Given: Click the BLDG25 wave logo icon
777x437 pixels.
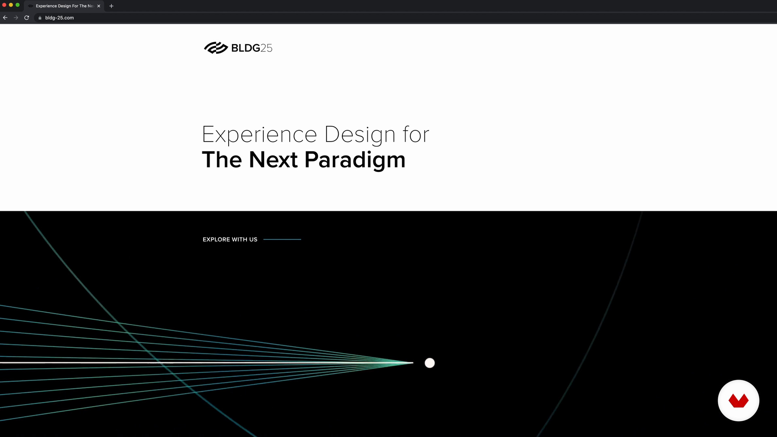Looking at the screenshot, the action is click(x=216, y=48).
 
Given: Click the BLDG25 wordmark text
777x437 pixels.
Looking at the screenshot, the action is click(x=252, y=48).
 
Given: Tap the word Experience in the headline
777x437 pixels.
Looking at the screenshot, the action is click(x=259, y=135).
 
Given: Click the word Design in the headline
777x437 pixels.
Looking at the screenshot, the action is click(x=360, y=135).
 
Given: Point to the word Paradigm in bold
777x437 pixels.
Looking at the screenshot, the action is click(x=355, y=160).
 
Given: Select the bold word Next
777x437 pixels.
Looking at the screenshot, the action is click(x=273, y=159).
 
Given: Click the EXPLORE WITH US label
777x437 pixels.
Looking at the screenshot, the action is click(x=230, y=240).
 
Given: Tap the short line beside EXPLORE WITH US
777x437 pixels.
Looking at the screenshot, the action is click(x=282, y=240).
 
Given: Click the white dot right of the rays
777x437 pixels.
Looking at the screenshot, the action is click(x=430, y=363).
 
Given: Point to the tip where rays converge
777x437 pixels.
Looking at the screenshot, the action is click(x=413, y=363).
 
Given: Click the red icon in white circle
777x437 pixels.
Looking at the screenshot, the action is click(x=739, y=401).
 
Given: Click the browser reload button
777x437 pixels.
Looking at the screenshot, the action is click(x=27, y=18).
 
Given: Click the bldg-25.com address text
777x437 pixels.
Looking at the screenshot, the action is click(x=59, y=18).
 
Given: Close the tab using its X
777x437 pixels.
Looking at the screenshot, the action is click(x=99, y=6).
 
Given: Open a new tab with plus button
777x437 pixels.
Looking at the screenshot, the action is click(x=111, y=6).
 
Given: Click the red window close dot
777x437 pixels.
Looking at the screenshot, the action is click(x=4, y=5).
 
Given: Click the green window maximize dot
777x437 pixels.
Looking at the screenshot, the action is click(x=17, y=5).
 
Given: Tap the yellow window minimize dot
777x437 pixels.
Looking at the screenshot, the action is click(x=11, y=5).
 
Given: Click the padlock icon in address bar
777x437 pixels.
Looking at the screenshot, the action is click(x=40, y=18).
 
